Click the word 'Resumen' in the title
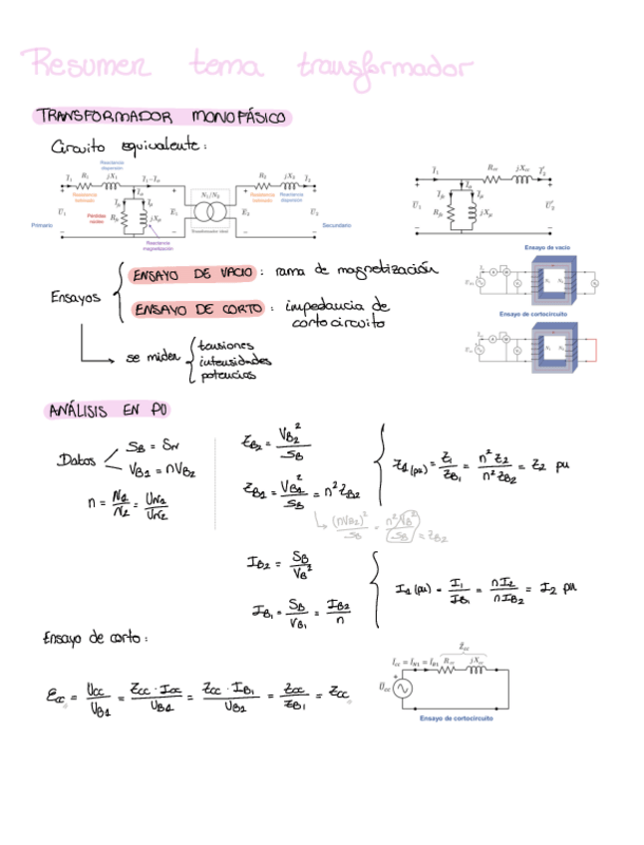coord(91,67)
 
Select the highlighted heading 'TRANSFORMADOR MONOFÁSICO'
coord(161,118)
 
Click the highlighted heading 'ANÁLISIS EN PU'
coord(103,411)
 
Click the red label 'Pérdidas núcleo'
coord(97,217)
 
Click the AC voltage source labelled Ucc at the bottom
coord(406,688)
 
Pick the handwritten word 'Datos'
coord(78,460)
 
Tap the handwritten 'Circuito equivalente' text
coord(129,146)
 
